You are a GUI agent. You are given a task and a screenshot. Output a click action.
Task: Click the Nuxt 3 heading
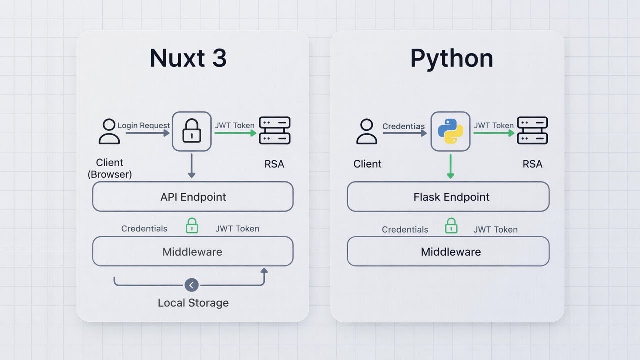click(188, 58)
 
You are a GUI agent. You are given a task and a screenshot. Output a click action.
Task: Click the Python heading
click(451, 58)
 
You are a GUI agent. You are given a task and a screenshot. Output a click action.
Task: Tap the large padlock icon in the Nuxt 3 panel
click(192, 131)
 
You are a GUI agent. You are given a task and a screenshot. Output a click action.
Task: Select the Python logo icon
click(450, 131)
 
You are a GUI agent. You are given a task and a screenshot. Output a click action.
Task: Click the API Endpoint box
click(193, 197)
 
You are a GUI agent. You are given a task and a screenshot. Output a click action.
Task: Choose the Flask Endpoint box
click(448, 197)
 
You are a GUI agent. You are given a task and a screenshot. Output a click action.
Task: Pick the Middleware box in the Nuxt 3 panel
click(193, 252)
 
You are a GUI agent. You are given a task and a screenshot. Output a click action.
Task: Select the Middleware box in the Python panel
click(448, 252)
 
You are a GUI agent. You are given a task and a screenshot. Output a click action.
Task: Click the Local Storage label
click(193, 303)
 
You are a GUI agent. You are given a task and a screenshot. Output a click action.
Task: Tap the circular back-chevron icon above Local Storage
click(191, 285)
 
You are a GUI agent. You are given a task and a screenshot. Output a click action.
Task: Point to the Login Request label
click(144, 126)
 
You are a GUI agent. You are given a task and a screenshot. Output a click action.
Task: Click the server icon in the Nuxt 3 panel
click(275, 131)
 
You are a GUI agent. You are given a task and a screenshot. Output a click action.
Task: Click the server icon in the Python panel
click(532, 131)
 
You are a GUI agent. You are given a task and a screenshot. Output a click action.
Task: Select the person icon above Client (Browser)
click(109, 131)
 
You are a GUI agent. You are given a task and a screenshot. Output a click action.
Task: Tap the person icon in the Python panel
click(367, 131)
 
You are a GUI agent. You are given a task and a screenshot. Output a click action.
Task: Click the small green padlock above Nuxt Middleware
click(192, 226)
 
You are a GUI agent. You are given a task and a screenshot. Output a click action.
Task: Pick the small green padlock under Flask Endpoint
click(451, 226)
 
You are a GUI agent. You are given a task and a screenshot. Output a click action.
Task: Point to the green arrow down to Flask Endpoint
click(450, 166)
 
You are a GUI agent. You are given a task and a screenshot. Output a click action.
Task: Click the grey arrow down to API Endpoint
click(191, 166)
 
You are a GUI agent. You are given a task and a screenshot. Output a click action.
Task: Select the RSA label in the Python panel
click(532, 164)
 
